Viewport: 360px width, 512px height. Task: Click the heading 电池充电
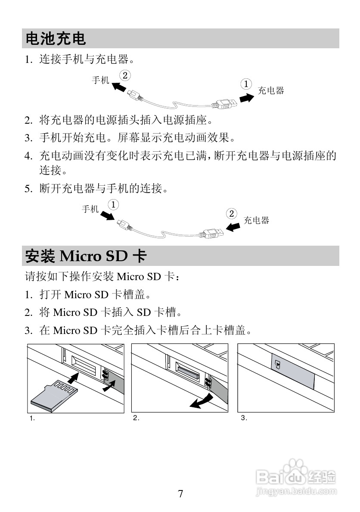56,39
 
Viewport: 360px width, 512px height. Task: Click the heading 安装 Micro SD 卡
86,256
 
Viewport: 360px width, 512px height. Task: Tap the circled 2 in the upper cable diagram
125,75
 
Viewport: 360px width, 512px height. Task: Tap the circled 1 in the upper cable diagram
246,84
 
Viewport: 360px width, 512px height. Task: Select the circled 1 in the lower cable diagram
113,204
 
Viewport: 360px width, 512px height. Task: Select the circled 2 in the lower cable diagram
232,214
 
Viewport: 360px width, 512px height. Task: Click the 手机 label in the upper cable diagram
101,80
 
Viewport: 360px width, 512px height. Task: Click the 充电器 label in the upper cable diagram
271,91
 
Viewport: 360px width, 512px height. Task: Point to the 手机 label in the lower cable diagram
90,209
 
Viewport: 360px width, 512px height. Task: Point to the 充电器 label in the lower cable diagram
257,221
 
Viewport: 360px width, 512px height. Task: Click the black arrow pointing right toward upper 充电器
246,98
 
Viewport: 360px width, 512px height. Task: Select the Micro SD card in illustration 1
54,394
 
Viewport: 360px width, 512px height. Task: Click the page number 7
180,494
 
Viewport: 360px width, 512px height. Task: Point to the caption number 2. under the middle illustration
136,418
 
